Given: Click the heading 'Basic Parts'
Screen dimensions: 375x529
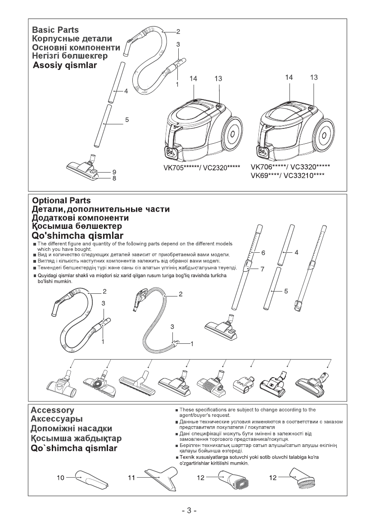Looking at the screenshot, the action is [55, 30].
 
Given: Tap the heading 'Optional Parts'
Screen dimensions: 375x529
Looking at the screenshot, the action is [61, 201].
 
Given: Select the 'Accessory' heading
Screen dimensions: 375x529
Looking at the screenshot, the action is [52, 410].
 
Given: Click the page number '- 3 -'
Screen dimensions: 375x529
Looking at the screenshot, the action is [187, 511].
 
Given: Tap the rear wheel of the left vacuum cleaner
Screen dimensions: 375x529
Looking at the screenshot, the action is [232, 134].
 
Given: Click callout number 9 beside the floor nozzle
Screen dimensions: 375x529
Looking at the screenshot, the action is [114, 172].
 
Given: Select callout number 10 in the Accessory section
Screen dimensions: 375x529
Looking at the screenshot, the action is [60, 477].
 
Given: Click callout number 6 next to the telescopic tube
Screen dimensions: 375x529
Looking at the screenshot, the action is [263, 253].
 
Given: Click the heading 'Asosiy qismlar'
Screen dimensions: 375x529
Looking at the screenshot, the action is [65, 65].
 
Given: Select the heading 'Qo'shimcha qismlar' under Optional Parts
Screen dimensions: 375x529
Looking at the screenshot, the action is [77, 236].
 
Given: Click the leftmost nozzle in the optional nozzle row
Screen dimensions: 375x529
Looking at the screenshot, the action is [60, 383].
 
